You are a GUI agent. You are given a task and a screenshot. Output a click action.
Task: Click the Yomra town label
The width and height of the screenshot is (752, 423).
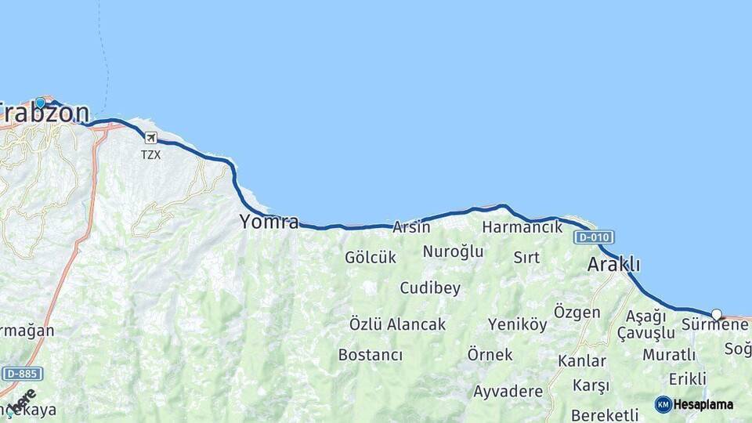click(269, 222)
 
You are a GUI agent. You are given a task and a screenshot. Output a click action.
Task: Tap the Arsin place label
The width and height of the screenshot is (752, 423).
click(411, 227)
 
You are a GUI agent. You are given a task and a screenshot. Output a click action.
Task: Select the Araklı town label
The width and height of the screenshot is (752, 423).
click(613, 265)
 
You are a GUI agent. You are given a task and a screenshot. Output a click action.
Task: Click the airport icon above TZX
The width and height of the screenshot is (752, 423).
click(150, 138)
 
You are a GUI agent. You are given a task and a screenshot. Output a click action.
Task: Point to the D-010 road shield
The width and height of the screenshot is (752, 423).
click(593, 237)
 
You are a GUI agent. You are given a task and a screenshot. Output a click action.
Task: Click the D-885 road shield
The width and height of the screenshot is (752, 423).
click(21, 374)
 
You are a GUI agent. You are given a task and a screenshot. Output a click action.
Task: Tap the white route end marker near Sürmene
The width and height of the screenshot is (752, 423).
click(716, 314)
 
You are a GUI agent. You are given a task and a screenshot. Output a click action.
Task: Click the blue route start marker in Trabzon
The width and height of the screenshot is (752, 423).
click(40, 102)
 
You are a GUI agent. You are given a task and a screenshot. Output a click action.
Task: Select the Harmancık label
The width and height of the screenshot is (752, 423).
click(522, 227)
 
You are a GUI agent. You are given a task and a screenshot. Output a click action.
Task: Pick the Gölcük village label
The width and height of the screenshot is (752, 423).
click(371, 257)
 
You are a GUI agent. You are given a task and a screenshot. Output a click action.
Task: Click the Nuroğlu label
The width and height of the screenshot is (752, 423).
click(453, 251)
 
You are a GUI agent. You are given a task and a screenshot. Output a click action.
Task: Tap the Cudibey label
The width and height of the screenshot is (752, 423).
click(430, 288)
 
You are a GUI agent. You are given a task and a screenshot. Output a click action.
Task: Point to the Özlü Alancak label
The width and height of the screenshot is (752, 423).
click(397, 324)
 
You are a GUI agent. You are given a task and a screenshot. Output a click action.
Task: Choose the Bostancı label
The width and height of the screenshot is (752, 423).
click(371, 355)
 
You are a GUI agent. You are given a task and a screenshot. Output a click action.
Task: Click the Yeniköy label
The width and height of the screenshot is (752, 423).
click(517, 324)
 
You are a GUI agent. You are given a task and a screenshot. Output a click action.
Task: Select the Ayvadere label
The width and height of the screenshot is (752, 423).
click(508, 391)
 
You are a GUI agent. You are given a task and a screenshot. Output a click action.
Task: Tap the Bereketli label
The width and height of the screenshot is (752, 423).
click(605, 414)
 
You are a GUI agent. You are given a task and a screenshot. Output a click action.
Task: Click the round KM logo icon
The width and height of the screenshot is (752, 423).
click(663, 404)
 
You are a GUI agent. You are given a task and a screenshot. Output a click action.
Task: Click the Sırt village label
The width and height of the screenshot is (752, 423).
click(526, 257)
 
